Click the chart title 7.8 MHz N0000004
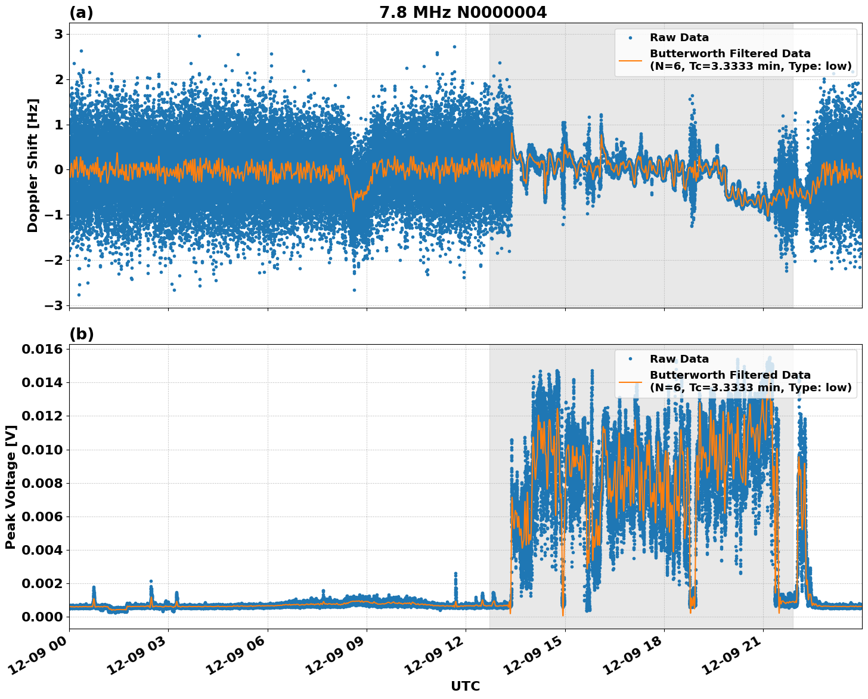coord(463,13)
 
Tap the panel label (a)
coord(81,13)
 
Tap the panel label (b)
coord(81,334)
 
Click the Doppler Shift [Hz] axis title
coord(33,165)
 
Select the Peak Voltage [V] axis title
coord(11,487)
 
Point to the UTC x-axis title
coord(465,686)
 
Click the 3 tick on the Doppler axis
coord(58,34)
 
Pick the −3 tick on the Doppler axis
coord(54,305)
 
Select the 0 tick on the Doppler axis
coord(58,169)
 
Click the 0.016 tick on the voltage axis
coord(42,349)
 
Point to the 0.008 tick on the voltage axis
coord(42,483)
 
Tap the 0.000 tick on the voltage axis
coord(42,617)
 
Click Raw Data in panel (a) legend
coord(679,38)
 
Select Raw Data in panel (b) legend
coord(679,359)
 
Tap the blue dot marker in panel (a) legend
coord(630,38)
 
